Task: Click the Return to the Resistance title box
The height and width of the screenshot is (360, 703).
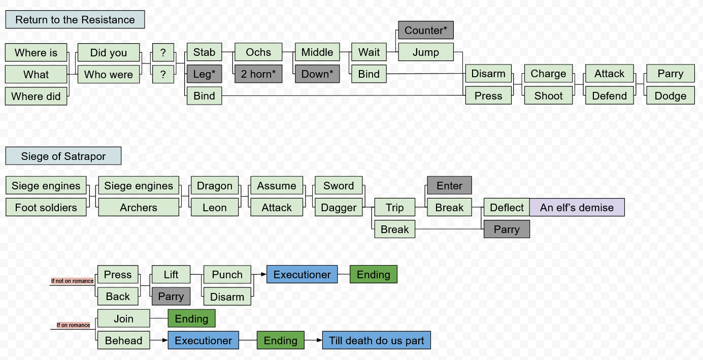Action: point(75,20)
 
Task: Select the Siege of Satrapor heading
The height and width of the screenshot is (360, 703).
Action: point(63,156)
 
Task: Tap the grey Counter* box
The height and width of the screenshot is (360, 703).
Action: point(425,30)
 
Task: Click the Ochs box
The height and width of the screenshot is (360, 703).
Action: point(258,52)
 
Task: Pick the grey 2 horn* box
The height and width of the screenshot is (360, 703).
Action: point(258,74)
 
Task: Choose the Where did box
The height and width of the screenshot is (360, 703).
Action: point(36,96)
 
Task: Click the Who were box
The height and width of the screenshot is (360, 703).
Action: point(109,75)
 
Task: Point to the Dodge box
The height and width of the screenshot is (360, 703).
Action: point(670,96)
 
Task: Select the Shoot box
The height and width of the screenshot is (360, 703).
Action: point(548,96)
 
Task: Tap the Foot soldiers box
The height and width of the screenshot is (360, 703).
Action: point(46,208)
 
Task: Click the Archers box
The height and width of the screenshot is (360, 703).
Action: point(139,208)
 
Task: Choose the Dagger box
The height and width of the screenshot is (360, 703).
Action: point(339,208)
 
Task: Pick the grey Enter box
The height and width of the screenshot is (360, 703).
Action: point(449,186)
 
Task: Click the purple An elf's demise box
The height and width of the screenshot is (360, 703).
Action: point(577,208)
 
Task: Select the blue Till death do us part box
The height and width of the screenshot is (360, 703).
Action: point(376,341)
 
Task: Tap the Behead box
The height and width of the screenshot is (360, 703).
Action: point(123,341)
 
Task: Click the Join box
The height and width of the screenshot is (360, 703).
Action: point(123,319)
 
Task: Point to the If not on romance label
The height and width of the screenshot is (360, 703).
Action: point(72,281)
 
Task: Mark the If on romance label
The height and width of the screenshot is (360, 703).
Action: point(73,325)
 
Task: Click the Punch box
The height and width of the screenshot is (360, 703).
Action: point(227,275)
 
